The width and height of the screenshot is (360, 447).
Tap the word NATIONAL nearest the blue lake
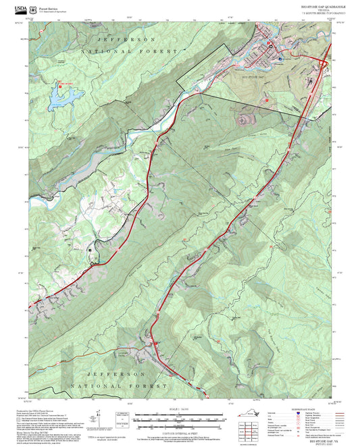click(x=99, y=52)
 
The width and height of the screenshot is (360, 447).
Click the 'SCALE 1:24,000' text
click(x=180, y=409)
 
